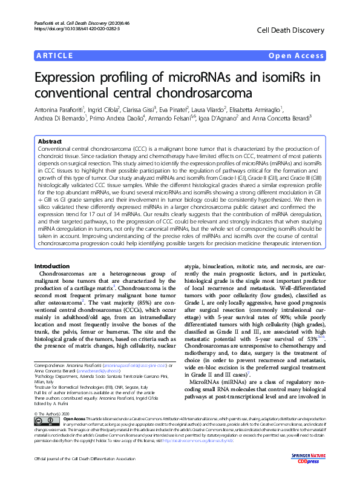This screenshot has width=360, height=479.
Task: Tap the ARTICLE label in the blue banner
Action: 54,56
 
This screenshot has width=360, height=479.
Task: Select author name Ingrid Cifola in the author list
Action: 103,110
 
